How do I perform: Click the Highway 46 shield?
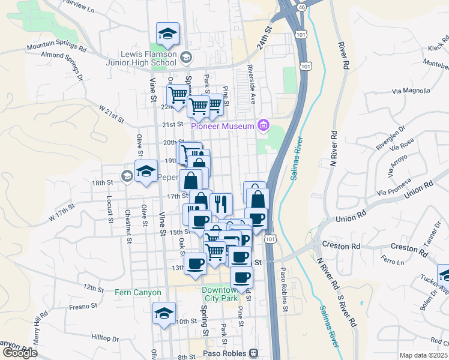303,7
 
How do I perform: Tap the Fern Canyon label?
138,293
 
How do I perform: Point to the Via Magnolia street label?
411,91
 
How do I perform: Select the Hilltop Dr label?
107,338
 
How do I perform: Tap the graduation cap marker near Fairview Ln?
167,32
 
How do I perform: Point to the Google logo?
19,353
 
